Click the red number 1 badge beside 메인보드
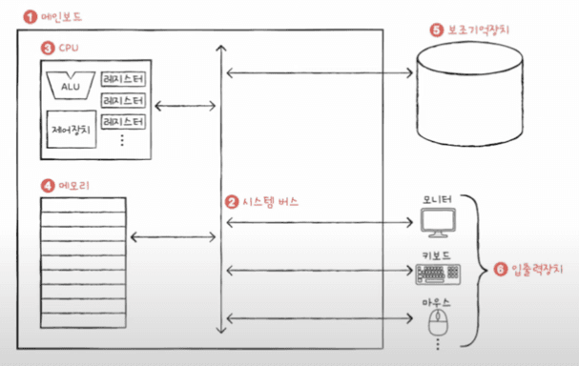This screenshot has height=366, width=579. (x=31, y=17)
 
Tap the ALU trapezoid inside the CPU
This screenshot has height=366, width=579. (x=71, y=86)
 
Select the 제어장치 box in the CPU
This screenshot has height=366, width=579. (x=72, y=129)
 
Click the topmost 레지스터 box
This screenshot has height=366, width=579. (x=123, y=79)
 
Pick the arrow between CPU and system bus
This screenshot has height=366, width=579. (x=185, y=106)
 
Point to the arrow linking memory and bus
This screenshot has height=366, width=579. (x=174, y=237)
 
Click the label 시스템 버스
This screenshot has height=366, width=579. (x=270, y=202)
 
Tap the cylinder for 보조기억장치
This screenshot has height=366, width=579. (x=469, y=94)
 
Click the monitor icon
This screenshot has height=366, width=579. (x=439, y=223)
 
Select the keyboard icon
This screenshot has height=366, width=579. (x=438, y=274)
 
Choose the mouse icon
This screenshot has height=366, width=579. (x=438, y=322)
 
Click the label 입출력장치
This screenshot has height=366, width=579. (x=537, y=269)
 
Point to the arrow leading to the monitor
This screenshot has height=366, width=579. (x=320, y=222)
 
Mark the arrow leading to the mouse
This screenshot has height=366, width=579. (x=320, y=318)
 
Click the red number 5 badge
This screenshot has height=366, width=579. (x=437, y=30)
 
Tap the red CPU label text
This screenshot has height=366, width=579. (x=69, y=48)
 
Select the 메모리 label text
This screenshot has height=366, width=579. (x=73, y=185)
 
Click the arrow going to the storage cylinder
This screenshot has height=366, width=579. (x=320, y=72)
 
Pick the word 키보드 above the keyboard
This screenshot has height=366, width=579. (x=437, y=255)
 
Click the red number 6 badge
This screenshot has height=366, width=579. (x=501, y=269)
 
